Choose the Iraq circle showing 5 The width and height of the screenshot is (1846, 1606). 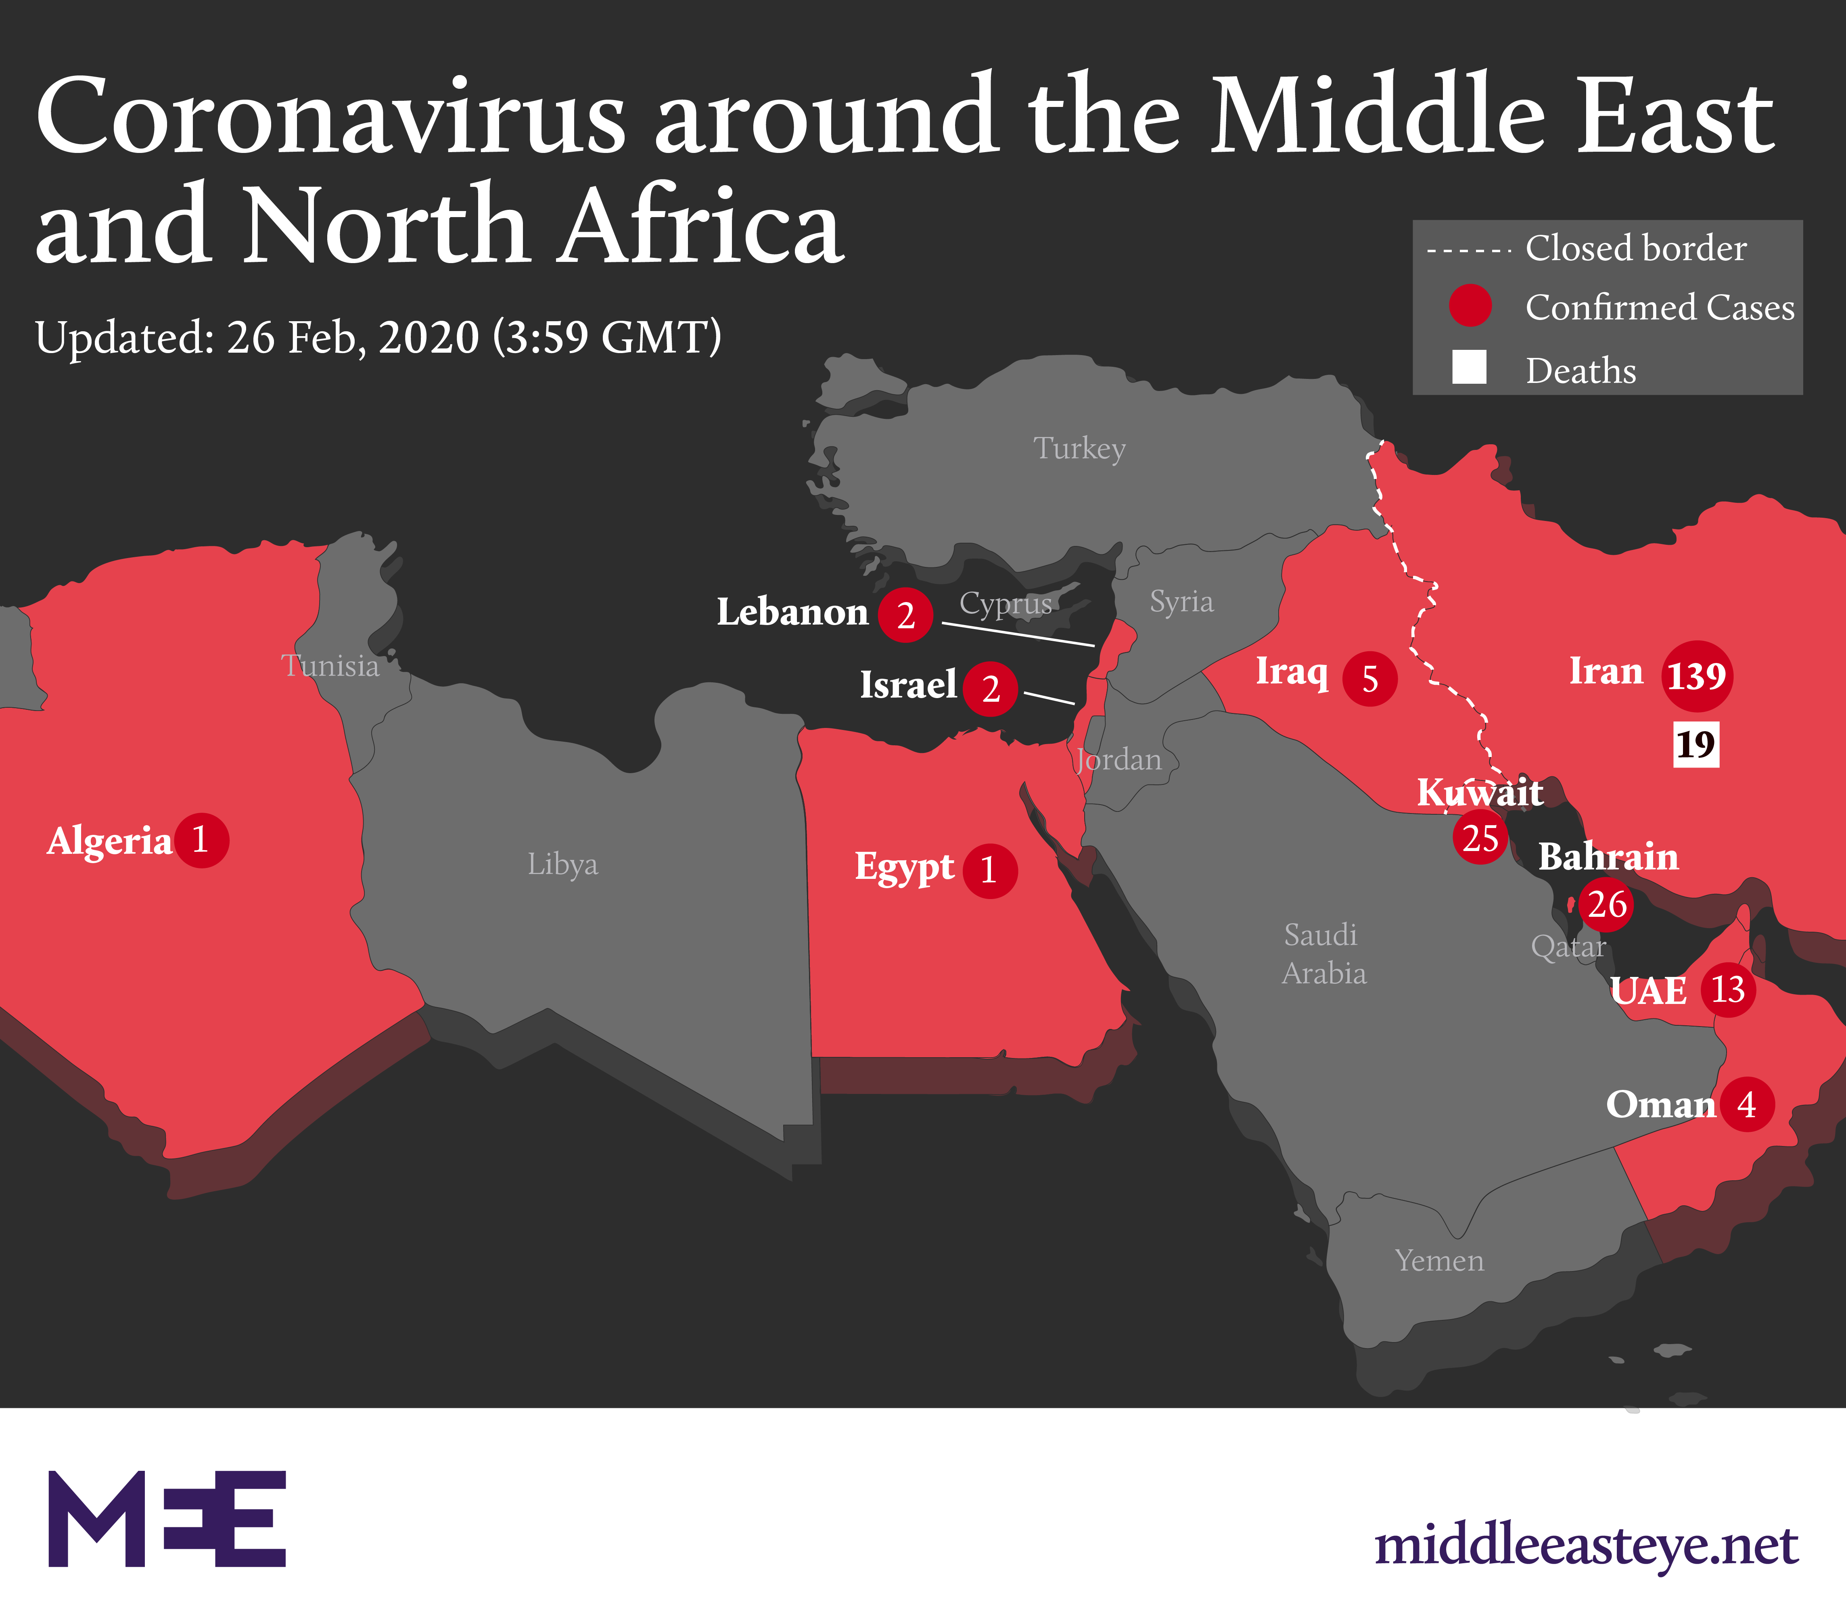click(1369, 678)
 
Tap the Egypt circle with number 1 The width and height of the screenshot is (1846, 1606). click(989, 870)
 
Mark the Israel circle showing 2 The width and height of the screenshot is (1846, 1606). click(990, 688)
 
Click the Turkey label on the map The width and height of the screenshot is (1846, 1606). click(1079, 448)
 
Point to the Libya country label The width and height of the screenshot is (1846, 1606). click(562, 864)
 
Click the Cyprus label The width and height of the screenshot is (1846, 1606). click(1006, 603)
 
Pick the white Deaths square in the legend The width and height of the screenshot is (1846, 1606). click(1469, 368)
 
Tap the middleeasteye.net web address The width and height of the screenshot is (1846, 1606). click(1586, 1545)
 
